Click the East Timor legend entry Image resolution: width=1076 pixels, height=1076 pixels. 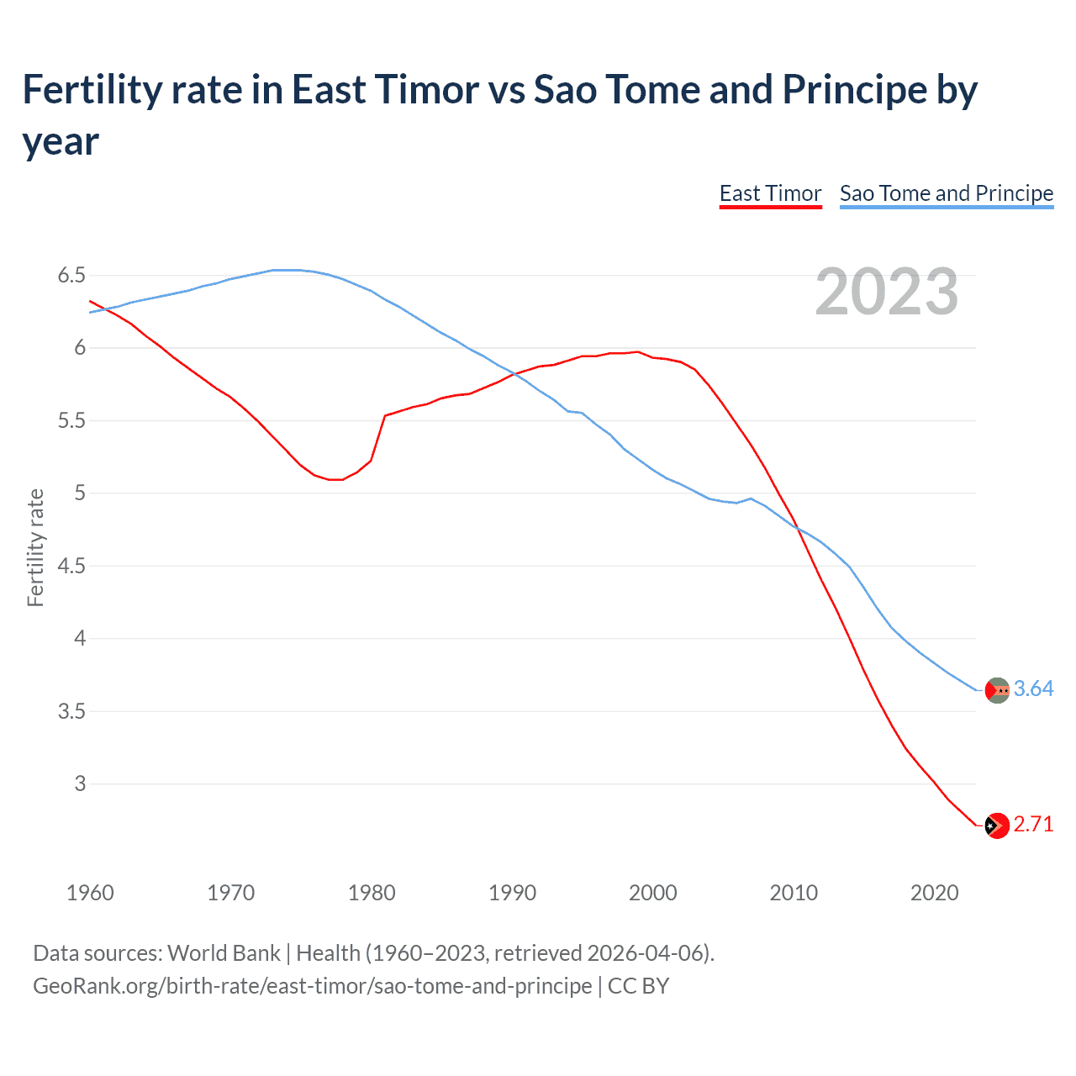(x=770, y=193)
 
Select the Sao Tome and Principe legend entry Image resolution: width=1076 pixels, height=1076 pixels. (x=946, y=193)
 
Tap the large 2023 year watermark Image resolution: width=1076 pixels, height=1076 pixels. (x=887, y=292)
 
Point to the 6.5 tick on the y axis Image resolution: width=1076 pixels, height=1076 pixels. (x=71, y=276)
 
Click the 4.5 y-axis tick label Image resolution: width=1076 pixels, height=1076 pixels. (x=71, y=566)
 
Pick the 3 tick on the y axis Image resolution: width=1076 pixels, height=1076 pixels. (x=80, y=783)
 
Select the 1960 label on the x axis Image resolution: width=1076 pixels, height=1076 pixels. (x=90, y=893)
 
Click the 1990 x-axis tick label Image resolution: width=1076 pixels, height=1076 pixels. (x=512, y=893)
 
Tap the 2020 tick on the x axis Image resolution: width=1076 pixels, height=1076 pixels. (x=934, y=893)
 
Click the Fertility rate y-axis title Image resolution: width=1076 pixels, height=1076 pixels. (x=35, y=547)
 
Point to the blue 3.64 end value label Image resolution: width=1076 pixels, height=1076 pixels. (x=1033, y=689)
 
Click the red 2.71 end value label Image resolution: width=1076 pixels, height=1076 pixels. (x=1033, y=825)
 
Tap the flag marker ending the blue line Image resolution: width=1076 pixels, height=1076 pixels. (x=997, y=690)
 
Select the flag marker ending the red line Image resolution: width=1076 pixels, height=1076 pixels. (x=997, y=825)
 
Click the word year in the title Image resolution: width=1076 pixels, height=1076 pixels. (x=61, y=141)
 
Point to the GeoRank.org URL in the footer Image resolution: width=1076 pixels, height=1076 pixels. (x=312, y=985)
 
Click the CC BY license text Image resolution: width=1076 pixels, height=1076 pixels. (x=638, y=985)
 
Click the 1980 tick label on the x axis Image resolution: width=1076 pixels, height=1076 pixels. (x=372, y=893)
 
